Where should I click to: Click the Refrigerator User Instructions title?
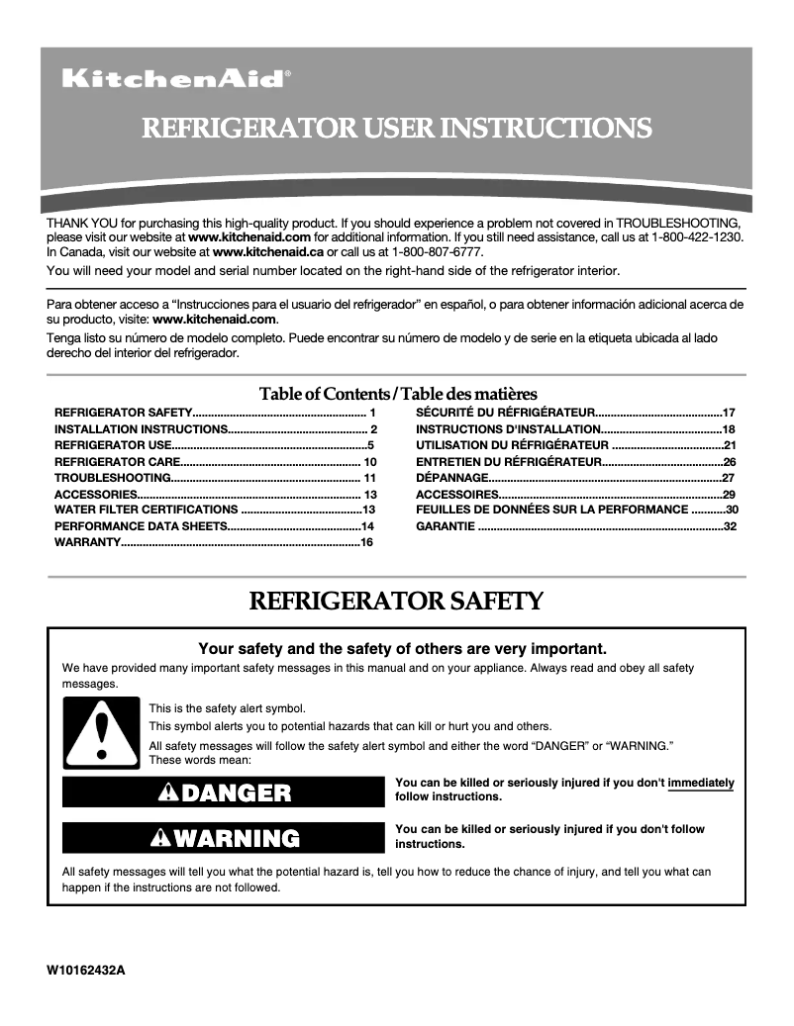coord(397,129)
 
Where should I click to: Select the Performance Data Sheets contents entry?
coord(141,525)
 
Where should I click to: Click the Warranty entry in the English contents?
coord(87,542)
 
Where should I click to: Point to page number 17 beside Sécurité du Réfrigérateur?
coord(729,412)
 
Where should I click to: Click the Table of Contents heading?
coord(397,394)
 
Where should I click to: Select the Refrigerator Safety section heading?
coord(397,601)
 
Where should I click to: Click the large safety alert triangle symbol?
coord(100,733)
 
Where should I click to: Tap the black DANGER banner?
coord(223,792)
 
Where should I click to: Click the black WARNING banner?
coord(223,838)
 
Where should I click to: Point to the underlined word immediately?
coord(701,783)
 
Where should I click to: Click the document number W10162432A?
coord(86,971)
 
